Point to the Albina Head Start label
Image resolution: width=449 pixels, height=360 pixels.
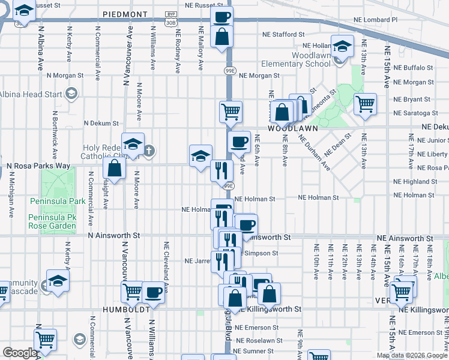(31, 94)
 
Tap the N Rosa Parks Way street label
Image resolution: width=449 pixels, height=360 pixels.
(38, 166)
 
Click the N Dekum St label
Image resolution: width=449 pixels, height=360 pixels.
(101, 122)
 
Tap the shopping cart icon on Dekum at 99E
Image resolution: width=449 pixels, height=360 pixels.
(231, 110)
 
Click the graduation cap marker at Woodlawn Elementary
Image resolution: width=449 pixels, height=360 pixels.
(342, 46)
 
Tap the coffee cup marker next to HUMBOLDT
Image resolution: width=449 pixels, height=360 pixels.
(154, 292)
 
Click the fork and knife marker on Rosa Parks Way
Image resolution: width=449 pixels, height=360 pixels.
(221, 170)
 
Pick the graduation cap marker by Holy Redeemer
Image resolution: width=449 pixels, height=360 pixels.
(133, 143)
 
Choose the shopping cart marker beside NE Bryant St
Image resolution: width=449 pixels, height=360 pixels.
(365, 103)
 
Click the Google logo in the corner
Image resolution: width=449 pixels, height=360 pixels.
(19, 353)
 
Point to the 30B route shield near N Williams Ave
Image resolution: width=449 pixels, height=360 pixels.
(171, 22)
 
